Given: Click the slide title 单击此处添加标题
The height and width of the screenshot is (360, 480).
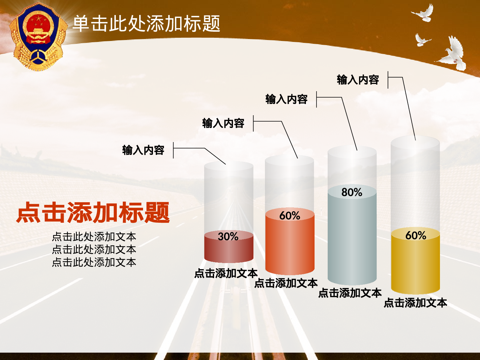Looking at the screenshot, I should (146, 24).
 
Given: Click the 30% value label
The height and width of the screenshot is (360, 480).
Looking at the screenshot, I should (228, 236).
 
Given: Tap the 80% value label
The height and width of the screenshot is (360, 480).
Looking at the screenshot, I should (352, 192).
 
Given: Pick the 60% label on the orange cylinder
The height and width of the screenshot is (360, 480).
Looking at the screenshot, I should (290, 216).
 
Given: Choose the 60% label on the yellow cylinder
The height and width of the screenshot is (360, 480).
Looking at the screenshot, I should (416, 236).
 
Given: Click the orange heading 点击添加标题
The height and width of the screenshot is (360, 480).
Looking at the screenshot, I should (93, 212).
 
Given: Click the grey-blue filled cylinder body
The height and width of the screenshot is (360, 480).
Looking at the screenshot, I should (352, 240).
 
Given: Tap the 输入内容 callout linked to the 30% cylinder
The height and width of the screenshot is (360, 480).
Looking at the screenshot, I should (143, 150).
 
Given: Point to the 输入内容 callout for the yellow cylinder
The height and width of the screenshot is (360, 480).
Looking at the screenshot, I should (358, 80).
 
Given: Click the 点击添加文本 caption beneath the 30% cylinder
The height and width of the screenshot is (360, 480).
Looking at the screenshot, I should (226, 273).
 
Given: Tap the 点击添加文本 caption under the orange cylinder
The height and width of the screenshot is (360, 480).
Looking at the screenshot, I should (286, 283).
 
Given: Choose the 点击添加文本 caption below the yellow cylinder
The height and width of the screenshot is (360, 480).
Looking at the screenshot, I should (415, 303).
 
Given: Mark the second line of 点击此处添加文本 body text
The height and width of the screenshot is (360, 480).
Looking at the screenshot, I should (94, 249).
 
